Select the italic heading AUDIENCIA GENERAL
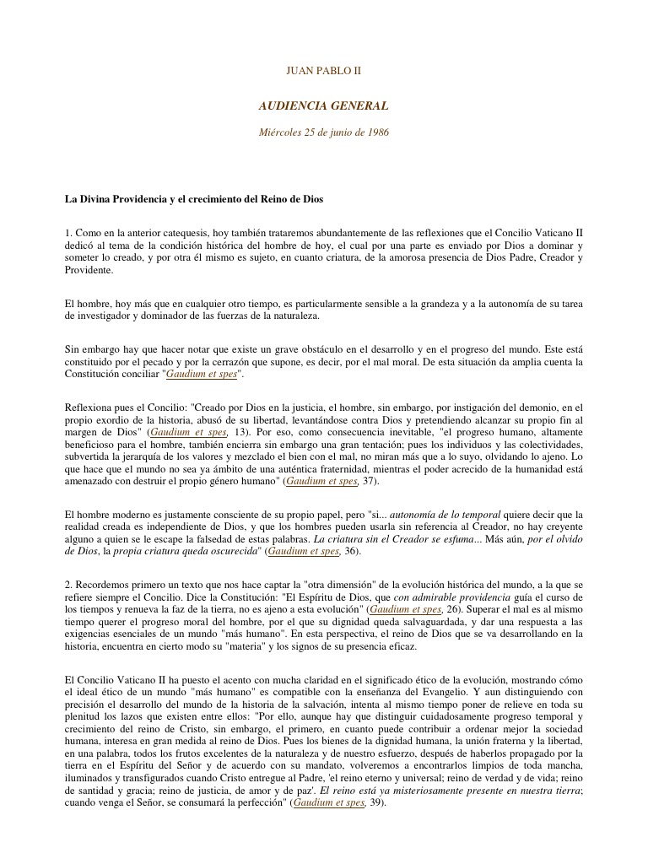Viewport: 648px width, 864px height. click(x=324, y=106)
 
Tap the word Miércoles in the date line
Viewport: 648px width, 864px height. click(x=279, y=132)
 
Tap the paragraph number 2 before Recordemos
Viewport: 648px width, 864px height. click(x=67, y=584)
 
